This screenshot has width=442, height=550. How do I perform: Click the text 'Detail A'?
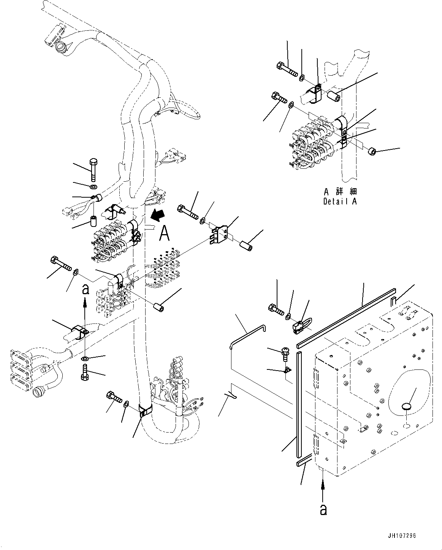340,201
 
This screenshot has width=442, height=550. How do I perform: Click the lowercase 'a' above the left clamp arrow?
86,290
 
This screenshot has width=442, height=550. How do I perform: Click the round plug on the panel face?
406,407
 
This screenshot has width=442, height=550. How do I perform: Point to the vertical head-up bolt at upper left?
93,170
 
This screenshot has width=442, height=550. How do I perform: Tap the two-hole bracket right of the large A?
219,233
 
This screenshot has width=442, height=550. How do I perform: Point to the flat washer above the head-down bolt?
85,358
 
